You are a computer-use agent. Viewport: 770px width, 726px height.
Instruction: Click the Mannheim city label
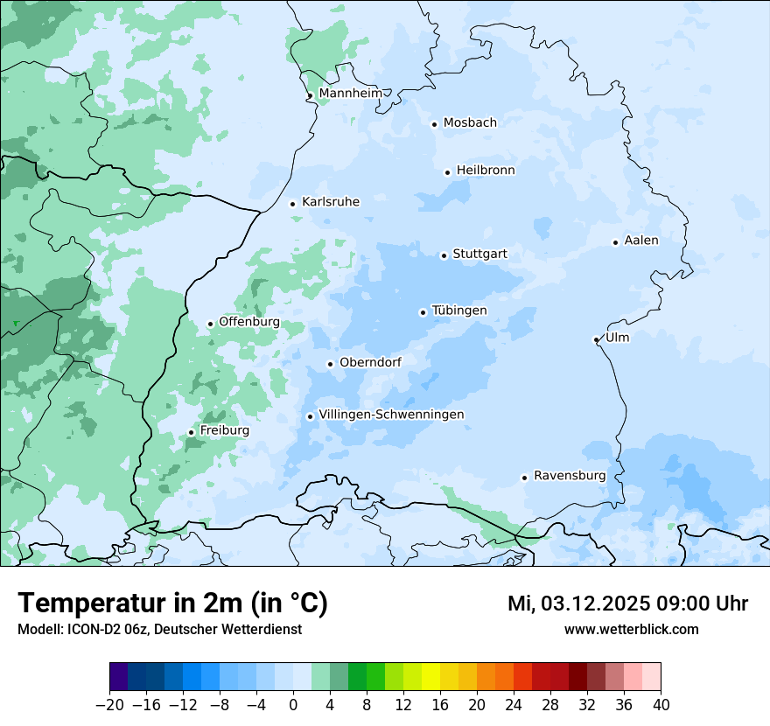coord(350,94)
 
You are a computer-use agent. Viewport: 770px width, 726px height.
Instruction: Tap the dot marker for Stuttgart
coord(444,255)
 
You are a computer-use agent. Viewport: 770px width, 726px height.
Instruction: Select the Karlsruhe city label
coord(330,202)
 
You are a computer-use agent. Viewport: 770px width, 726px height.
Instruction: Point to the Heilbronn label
coord(486,171)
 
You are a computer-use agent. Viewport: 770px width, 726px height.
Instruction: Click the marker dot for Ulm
coord(596,339)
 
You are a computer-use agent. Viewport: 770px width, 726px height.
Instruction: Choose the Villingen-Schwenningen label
coord(391,415)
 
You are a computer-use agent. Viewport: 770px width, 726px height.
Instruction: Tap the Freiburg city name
coord(224,430)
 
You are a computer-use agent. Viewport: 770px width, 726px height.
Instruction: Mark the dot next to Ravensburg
coord(524,478)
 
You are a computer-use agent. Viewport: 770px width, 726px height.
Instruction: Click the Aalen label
coord(641,241)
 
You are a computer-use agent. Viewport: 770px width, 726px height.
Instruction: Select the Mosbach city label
coord(470,123)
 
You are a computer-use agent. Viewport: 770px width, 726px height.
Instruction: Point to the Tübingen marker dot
coord(423,312)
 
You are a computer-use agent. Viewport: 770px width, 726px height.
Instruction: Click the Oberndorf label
coord(370,362)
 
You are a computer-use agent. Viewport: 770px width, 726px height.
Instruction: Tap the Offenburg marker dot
coord(210,324)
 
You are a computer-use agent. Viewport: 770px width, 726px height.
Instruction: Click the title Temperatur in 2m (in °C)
coord(172,604)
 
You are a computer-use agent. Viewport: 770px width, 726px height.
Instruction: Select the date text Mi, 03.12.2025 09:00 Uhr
coord(627,604)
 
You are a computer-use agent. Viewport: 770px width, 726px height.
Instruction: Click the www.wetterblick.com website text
coord(631,629)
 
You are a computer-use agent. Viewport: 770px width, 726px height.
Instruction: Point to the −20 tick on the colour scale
coord(109,704)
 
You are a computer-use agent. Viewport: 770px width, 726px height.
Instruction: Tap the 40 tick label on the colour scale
coord(661,704)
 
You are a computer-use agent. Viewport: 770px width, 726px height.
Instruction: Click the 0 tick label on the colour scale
coord(293,704)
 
